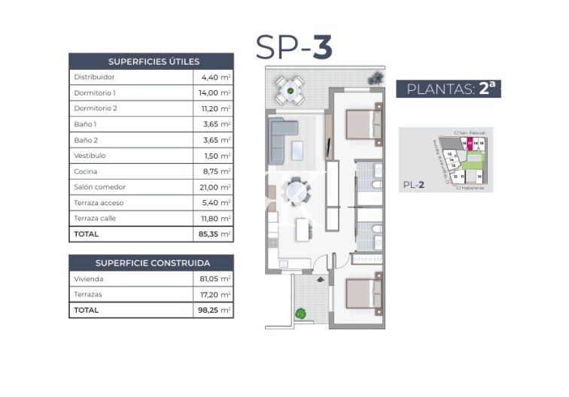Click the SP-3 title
[294, 47]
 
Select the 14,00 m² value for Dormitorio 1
[215, 92]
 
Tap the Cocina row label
[85, 171]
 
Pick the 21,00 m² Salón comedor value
[215, 187]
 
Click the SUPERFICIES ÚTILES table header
[151, 62]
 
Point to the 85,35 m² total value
[215, 235]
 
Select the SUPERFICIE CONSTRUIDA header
[151, 263]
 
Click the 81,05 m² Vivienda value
[215, 278]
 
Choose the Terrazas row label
[87, 294]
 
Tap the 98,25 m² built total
[215, 310]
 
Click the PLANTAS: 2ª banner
[449, 88]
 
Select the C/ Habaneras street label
[470, 189]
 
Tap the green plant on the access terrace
[301, 314]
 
